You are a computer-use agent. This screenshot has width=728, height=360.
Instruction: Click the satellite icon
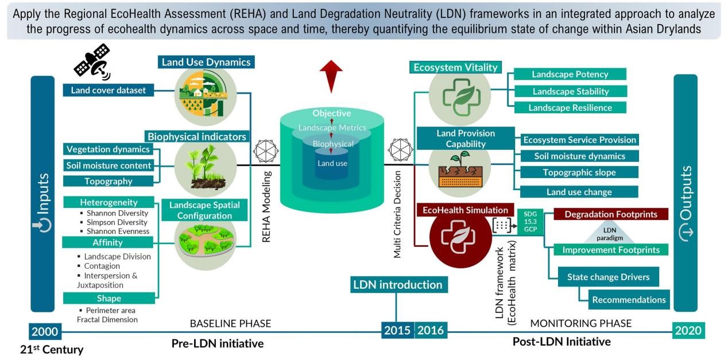click(92, 62)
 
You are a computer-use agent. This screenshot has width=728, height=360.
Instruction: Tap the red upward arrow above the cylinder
click(331, 75)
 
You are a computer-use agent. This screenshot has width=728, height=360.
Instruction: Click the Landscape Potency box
click(570, 74)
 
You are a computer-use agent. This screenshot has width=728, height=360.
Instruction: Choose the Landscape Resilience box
click(570, 107)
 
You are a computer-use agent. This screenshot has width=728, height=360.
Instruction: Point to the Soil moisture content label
click(109, 165)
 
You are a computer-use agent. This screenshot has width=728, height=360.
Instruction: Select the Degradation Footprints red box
click(610, 214)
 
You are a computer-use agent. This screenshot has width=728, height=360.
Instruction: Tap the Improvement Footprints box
click(610, 250)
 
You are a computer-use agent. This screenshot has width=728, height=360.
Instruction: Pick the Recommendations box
click(629, 299)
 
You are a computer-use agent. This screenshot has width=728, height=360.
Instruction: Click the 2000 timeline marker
click(45, 331)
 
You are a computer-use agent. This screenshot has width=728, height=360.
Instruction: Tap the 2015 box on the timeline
click(397, 331)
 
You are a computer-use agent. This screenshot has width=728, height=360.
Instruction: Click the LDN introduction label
click(397, 284)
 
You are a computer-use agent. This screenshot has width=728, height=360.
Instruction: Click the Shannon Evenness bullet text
click(118, 231)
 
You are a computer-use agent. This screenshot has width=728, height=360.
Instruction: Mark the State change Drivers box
click(608, 277)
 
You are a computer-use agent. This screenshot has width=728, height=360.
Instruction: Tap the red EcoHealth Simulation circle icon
click(459, 239)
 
